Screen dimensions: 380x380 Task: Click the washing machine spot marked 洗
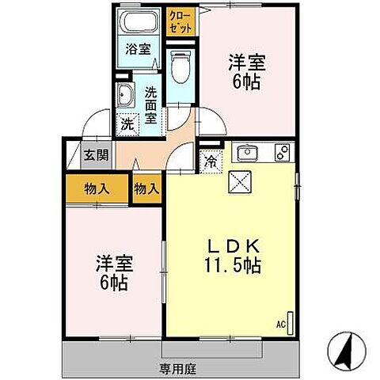click(x=127, y=123)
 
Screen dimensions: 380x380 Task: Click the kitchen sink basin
click(x=247, y=151)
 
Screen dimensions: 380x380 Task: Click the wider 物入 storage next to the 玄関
click(x=97, y=188)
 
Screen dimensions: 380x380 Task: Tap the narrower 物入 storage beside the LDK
click(x=146, y=188)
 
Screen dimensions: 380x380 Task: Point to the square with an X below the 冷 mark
click(x=238, y=181)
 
